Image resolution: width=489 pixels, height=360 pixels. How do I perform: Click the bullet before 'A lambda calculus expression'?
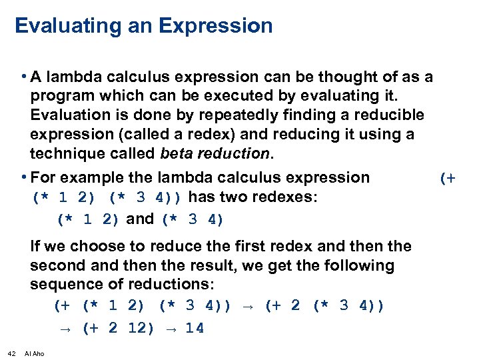point(24,77)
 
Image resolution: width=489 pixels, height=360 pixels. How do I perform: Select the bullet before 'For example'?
point(24,177)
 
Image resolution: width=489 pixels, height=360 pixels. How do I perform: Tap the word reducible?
point(389,115)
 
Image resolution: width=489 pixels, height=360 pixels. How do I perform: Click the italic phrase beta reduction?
point(215,154)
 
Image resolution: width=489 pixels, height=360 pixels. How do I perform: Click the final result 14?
point(195,328)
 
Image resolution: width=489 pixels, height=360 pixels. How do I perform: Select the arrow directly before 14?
point(169,328)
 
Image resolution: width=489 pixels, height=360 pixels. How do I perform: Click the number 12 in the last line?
point(141,328)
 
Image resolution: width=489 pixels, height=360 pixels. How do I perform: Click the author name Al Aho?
point(34,353)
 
